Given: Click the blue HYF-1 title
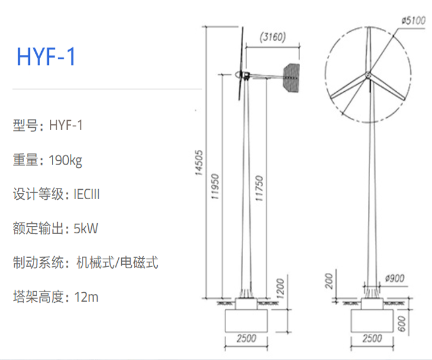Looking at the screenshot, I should (x=46, y=57).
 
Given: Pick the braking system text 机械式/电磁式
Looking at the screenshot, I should (x=117, y=263).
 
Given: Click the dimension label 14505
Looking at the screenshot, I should (x=199, y=163).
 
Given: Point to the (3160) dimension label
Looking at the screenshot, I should (x=273, y=38).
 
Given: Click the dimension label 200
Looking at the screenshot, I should (x=330, y=282).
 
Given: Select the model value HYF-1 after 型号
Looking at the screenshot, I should (x=66, y=125).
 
